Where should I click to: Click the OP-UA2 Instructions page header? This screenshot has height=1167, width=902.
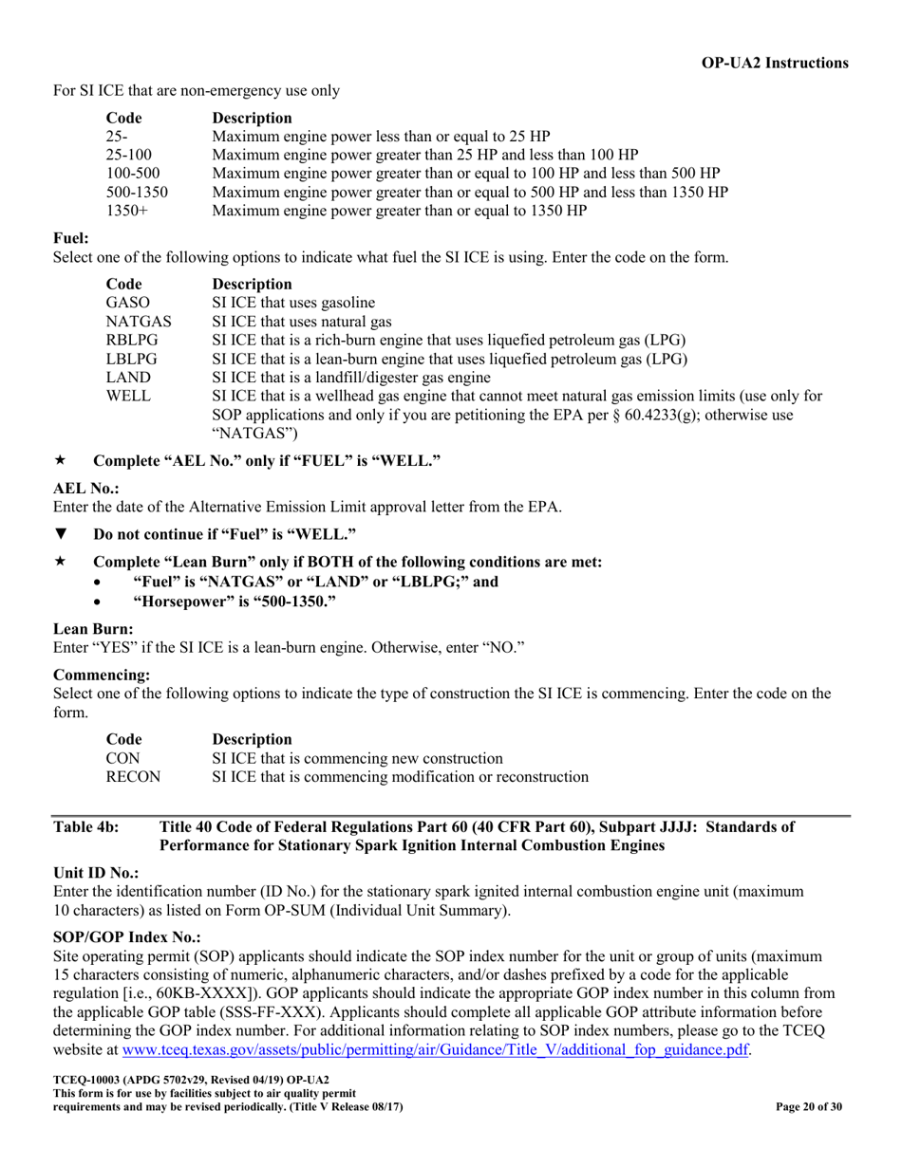point(775,63)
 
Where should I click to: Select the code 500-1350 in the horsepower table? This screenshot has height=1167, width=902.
point(137,192)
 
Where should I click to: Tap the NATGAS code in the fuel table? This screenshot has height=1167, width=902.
point(139,322)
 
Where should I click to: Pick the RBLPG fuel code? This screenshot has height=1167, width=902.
point(132,340)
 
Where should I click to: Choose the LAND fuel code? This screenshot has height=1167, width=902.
point(128,377)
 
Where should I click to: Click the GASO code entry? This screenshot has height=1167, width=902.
point(128,303)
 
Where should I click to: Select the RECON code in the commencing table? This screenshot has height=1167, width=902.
point(133,776)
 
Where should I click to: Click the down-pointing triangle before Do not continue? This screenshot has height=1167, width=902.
point(61,534)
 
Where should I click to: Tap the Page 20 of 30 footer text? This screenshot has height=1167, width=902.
point(809,1107)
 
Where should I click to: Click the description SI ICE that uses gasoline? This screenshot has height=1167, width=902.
point(293,303)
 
